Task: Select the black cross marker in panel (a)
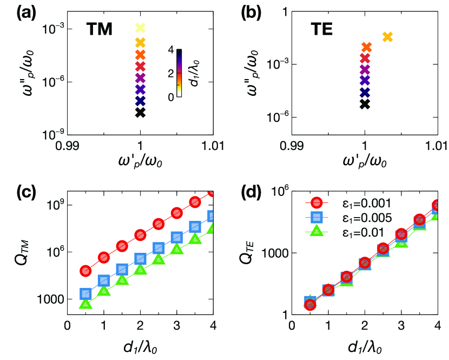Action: coord(140,112)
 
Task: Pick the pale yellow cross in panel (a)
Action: coord(140,28)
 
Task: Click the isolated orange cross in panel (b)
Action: coord(387,37)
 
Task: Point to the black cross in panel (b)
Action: coord(365,104)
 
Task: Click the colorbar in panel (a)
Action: coord(179,73)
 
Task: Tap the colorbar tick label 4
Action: coord(171,49)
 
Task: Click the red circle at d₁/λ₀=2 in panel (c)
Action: coord(140,234)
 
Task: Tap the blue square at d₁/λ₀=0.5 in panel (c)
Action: coord(85,293)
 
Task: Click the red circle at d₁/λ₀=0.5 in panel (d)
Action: coord(310,305)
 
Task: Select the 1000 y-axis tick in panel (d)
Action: coord(273,253)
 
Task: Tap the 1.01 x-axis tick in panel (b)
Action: coord(437,145)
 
